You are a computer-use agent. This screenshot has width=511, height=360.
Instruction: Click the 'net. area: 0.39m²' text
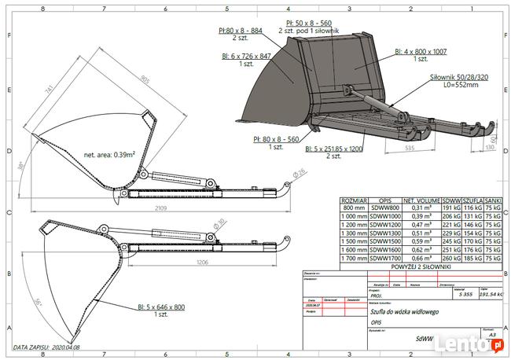pos(110,155)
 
